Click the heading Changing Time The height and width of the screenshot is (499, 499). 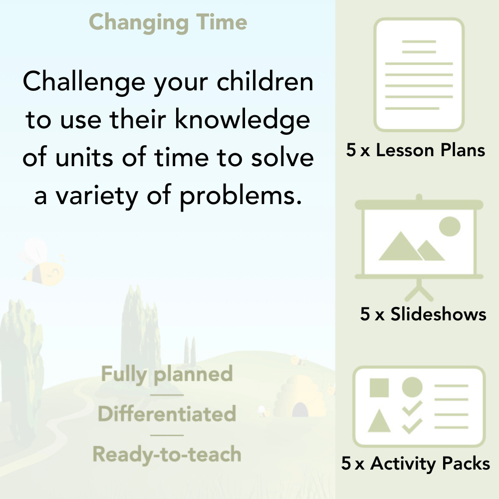pyautogui.click(x=168, y=22)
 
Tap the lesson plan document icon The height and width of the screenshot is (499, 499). pyautogui.click(x=419, y=75)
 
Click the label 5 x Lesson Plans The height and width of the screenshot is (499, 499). pyautogui.click(x=416, y=150)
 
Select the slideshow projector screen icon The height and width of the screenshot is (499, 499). pyautogui.click(x=419, y=239)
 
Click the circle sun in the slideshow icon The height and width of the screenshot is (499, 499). pyautogui.click(x=449, y=226)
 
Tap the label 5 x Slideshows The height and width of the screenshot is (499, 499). pyautogui.click(x=423, y=314)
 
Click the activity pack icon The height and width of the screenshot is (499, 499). pyautogui.click(x=419, y=407)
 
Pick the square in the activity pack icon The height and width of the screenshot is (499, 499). pyautogui.click(x=379, y=388)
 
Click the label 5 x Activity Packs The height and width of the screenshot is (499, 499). pyautogui.click(x=416, y=464)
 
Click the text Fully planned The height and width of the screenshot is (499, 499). pyautogui.click(x=167, y=374)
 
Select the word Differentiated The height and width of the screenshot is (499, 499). pyautogui.click(x=167, y=414)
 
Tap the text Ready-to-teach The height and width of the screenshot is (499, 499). pyautogui.click(x=167, y=455)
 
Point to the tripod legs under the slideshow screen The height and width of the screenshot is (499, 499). pyautogui.click(x=419, y=290)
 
